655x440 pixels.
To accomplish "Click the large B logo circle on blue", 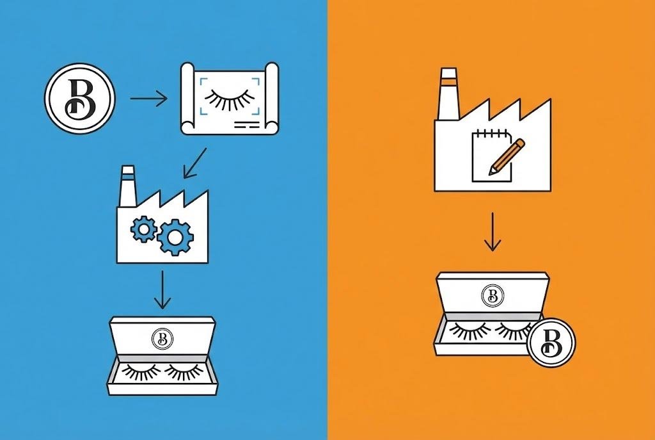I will point(79,99).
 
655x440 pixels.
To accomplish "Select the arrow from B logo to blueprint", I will point(148,99).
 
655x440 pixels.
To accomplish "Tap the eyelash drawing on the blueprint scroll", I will point(229,99).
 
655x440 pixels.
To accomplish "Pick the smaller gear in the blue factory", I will point(143,229).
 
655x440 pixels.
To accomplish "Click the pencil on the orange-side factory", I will point(507,156).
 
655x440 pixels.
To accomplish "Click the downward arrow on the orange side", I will point(492,232).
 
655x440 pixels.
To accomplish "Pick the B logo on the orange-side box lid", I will point(493,295).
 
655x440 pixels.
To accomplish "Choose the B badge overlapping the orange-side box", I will point(552,343).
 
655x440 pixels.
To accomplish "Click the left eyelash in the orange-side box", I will point(470,330).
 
